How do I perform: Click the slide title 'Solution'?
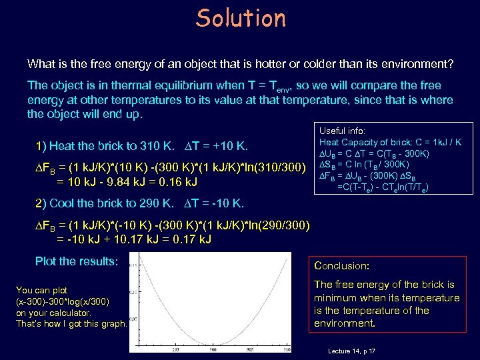(241, 18)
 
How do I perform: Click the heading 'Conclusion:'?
(341, 265)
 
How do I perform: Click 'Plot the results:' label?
(76, 261)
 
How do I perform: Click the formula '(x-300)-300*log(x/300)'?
(62, 301)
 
